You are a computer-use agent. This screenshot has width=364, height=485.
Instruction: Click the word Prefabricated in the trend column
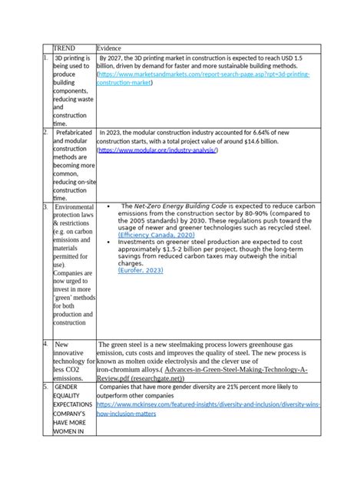coord(73,133)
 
